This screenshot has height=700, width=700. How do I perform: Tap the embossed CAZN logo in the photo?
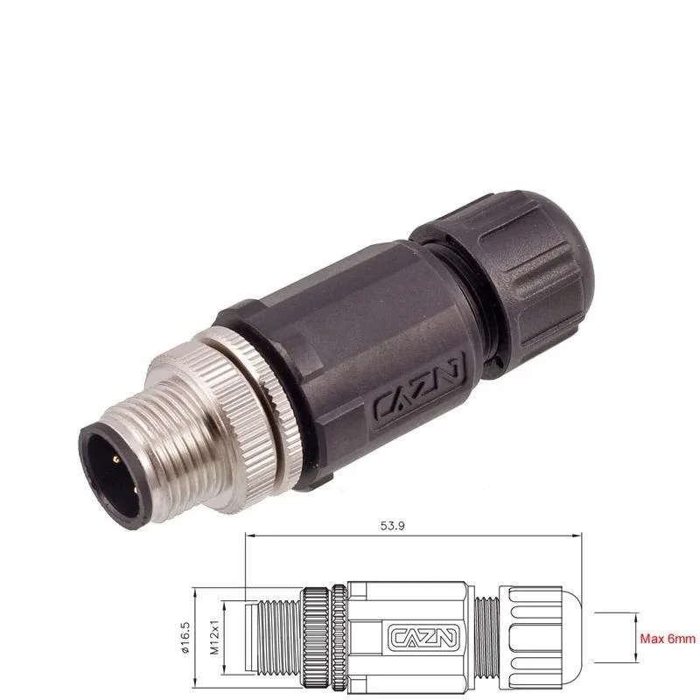tap(423, 393)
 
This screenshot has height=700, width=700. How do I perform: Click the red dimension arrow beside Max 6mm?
tap(636, 639)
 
